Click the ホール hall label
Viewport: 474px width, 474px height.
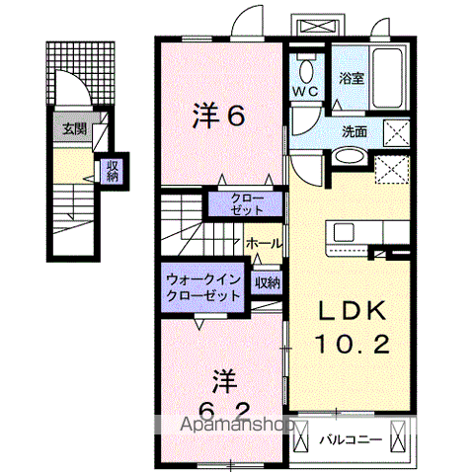(264, 243)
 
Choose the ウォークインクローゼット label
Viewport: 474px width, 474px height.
(202, 287)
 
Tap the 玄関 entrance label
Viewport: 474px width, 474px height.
(73, 127)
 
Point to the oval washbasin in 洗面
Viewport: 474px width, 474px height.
(347, 157)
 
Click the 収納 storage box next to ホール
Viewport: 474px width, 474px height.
(266, 282)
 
